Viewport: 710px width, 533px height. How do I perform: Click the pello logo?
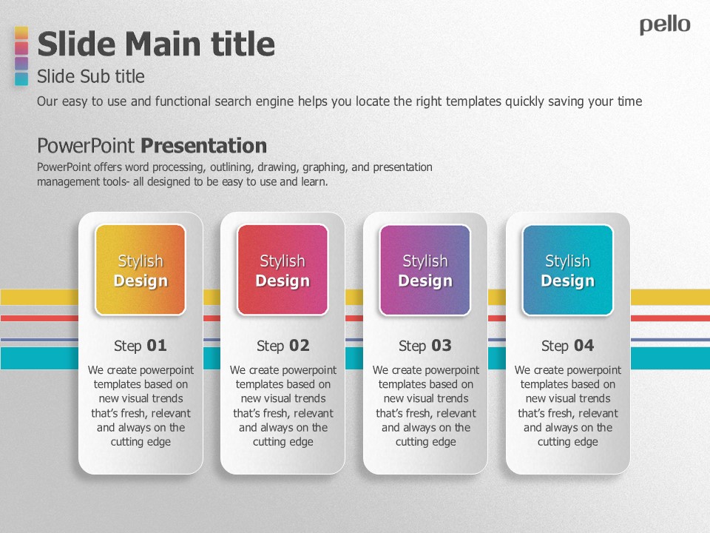(665, 25)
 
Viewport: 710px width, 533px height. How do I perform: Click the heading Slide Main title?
(156, 44)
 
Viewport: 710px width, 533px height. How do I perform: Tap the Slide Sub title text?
(90, 76)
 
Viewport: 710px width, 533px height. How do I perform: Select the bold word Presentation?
(204, 146)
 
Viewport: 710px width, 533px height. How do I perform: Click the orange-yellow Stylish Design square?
(141, 270)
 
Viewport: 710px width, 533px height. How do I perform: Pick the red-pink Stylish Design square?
(283, 270)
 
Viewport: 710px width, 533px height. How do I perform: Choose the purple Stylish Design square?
(425, 270)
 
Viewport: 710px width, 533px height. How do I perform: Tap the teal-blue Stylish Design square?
(568, 270)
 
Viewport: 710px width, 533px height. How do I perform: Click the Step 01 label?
(141, 346)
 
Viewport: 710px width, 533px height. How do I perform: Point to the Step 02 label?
(283, 346)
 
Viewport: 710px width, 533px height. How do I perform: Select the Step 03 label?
(425, 346)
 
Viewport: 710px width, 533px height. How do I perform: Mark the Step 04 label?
(568, 346)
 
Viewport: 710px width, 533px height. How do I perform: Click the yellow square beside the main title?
(21, 33)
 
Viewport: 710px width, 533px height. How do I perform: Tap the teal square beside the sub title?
(21, 79)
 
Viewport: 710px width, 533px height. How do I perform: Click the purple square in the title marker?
(21, 64)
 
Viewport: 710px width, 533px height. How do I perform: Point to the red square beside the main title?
(21, 48)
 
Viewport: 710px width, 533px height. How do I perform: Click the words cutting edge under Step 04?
(568, 442)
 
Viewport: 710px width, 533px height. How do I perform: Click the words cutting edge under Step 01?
(141, 442)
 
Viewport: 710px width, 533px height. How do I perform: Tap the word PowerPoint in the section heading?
(86, 146)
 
